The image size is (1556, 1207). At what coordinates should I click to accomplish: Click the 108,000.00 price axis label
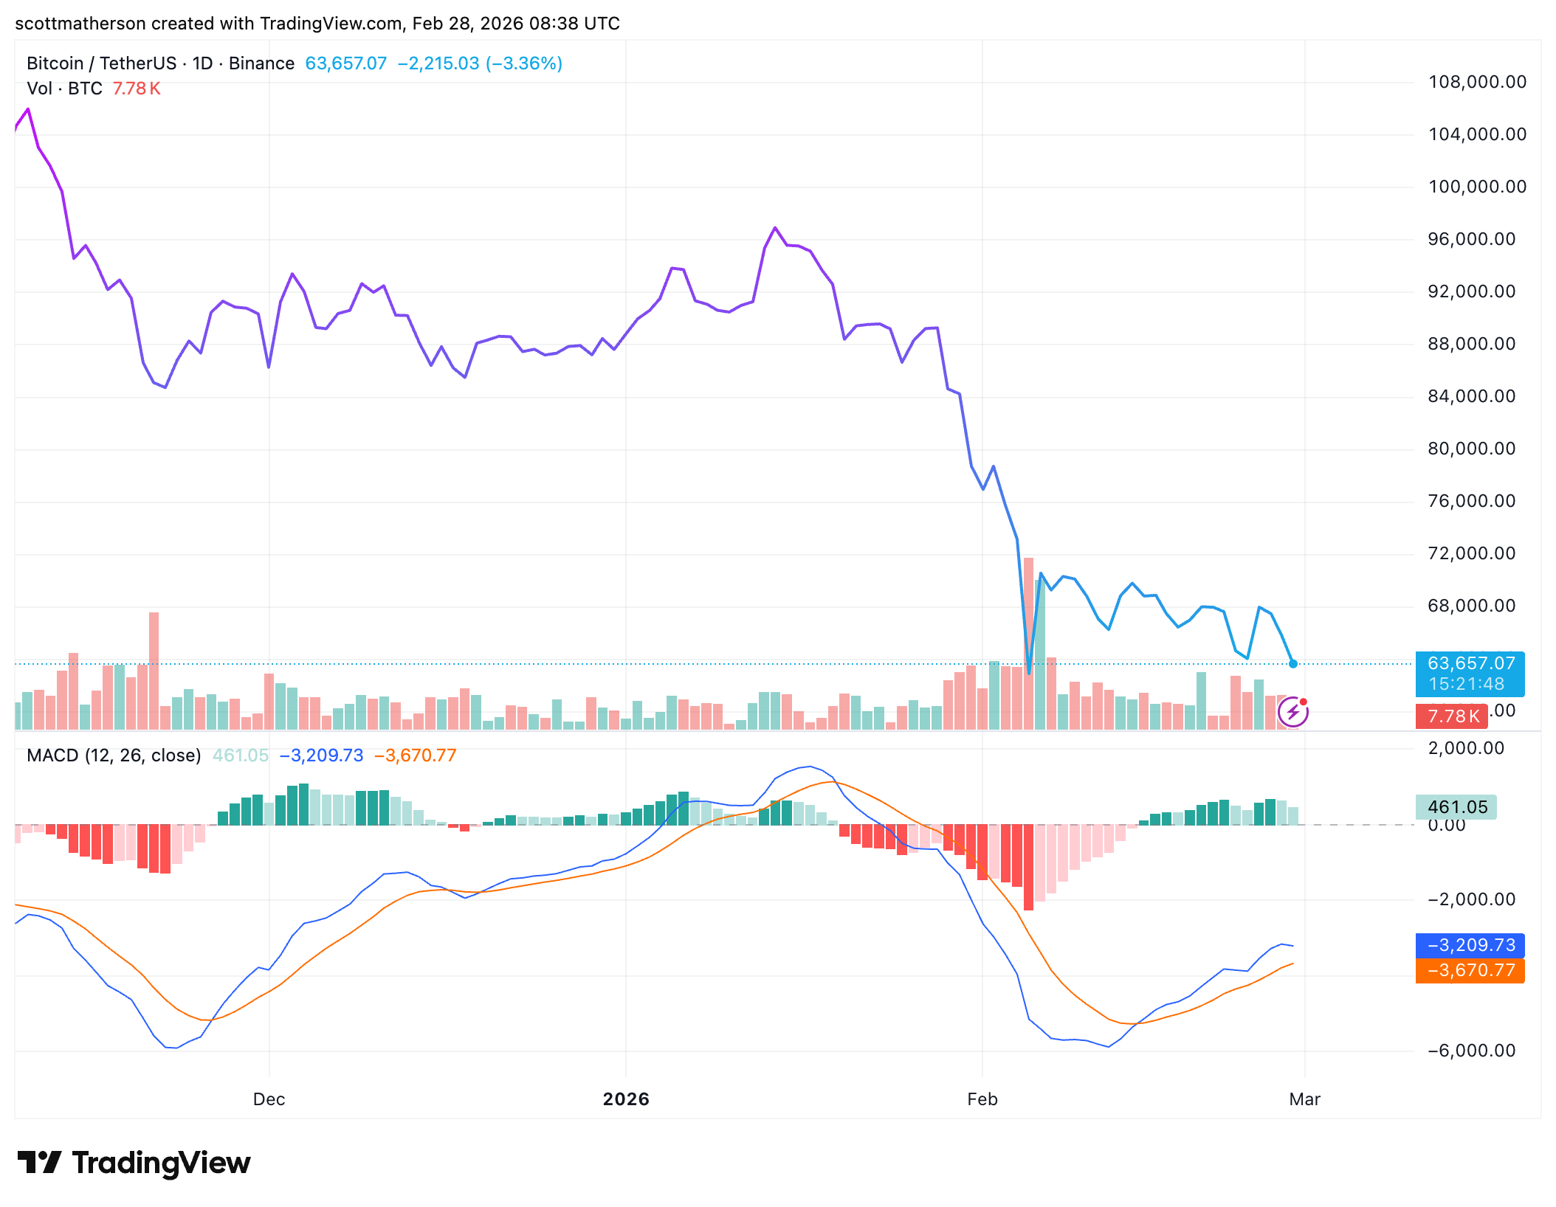coord(1477,82)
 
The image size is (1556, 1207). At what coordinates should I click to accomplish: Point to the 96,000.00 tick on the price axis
coord(1472,239)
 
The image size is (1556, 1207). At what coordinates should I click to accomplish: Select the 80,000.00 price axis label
coord(1472,449)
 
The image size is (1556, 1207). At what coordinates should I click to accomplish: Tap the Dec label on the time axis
coord(269,1099)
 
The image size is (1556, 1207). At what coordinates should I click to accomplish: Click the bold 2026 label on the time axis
coord(626,1099)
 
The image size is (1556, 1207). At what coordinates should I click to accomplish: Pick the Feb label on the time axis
coord(982,1099)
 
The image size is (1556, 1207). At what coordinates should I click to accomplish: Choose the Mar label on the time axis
coord(1304,1099)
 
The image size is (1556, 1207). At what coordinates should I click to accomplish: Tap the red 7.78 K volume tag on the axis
coord(1452,716)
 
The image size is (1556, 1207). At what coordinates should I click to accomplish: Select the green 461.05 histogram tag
coord(1456,807)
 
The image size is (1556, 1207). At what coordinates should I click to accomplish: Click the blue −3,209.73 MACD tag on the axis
coord(1470,945)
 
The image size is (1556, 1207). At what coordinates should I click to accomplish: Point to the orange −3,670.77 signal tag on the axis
coord(1470,970)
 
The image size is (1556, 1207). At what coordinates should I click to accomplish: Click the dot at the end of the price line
coord(1293,664)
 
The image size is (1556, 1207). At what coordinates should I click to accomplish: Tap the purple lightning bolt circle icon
coord(1292,712)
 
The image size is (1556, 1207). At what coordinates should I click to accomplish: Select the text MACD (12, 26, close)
coord(114,755)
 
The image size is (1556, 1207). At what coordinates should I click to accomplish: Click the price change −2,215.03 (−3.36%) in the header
coord(480,63)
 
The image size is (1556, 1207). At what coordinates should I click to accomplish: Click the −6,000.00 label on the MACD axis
coord(1472,1051)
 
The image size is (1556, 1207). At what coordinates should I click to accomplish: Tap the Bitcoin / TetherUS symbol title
coord(101,63)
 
